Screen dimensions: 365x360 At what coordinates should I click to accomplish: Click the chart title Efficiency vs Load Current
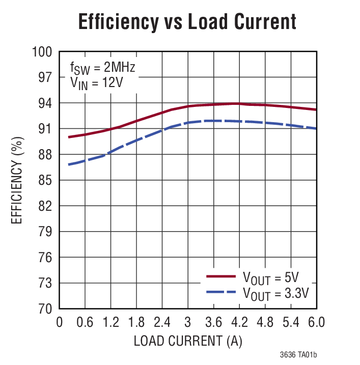click(x=186, y=22)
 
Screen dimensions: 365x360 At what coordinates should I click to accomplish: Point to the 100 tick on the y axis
click(x=42, y=52)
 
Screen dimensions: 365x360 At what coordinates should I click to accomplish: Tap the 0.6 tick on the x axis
click(x=85, y=323)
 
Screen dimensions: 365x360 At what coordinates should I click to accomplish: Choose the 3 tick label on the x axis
click(x=188, y=323)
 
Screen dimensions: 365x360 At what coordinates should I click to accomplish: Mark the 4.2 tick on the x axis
click(x=239, y=323)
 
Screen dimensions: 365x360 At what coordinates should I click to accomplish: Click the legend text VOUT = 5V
click(x=270, y=277)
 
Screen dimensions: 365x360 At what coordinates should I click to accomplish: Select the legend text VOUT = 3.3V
click(x=275, y=293)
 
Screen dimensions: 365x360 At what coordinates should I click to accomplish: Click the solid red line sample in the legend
click(x=221, y=276)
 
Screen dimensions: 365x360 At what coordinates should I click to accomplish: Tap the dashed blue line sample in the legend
click(x=221, y=292)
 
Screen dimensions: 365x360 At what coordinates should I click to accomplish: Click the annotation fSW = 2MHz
click(x=102, y=67)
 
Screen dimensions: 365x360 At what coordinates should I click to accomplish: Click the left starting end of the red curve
click(x=69, y=137)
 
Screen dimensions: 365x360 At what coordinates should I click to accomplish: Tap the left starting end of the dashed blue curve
click(x=69, y=164)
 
